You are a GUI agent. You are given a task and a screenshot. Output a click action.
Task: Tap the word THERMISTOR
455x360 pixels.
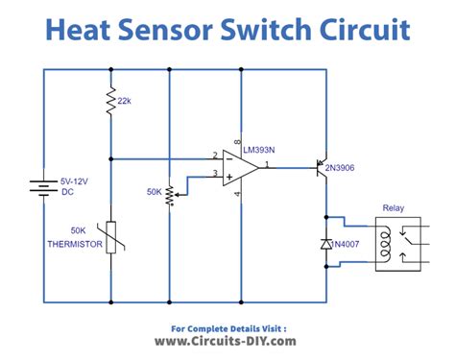click(73, 244)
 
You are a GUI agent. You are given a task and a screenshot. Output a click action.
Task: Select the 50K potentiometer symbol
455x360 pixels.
click(169, 196)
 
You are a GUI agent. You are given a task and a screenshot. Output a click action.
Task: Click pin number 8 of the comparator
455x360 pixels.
click(236, 141)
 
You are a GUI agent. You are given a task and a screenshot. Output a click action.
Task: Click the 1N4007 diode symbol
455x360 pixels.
click(326, 246)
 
